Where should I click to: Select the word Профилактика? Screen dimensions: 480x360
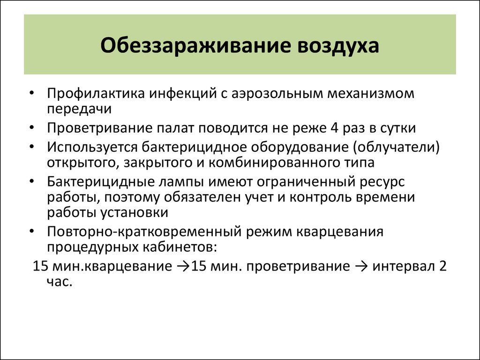96,94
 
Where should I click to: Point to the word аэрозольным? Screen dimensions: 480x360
277,94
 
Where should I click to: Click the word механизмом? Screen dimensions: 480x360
371,93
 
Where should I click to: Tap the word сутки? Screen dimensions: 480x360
398,128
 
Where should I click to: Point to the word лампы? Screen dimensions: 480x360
181,182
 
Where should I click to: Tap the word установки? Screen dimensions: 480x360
135,213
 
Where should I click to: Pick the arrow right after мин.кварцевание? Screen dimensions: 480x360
183,266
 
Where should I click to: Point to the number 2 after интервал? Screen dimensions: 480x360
443,266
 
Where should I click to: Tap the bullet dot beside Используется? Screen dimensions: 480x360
32,147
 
